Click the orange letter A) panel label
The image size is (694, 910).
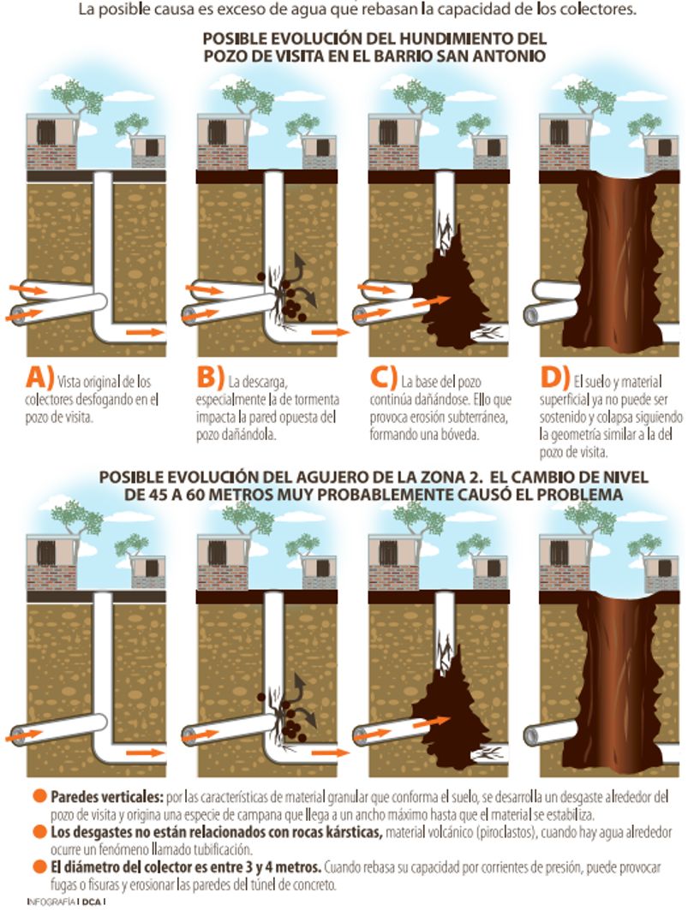click(39, 378)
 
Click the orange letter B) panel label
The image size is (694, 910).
click(210, 378)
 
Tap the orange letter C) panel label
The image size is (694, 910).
click(383, 378)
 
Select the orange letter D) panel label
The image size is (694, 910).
click(554, 378)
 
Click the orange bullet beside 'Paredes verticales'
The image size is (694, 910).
click(39, 796)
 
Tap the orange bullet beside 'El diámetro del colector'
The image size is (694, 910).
click(39, 867)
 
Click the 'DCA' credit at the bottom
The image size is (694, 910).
click(91, 902)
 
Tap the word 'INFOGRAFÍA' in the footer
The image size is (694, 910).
click(51, 902)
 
